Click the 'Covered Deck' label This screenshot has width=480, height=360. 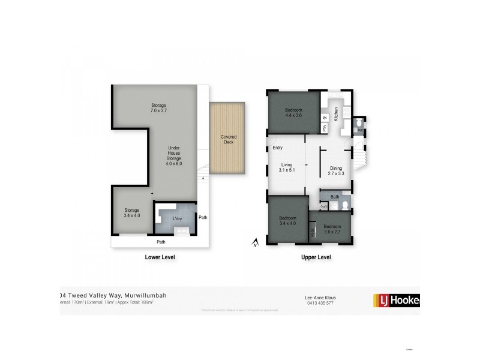click(229, 140)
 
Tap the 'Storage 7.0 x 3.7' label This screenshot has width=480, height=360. click(158, 109)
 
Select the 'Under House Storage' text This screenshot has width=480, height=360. click(174, 155)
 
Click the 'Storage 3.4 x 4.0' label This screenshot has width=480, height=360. click(132, 212)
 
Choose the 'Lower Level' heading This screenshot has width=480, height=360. click(160, 257)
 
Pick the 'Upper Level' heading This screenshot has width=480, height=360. click(316, 257)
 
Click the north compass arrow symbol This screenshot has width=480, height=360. click(255, 243)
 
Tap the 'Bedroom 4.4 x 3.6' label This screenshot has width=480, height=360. click(293, 113)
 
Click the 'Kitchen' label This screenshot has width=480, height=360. click(337, 113)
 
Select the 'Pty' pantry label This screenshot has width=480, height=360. click(325, 128)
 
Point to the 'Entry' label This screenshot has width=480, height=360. click(277, 148)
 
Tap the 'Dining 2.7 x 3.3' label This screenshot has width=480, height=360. click(336, 170)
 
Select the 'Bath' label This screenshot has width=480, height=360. click(335, 196)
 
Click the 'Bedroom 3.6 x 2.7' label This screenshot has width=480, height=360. click(332, 229)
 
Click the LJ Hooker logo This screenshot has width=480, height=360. click(397, 300)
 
